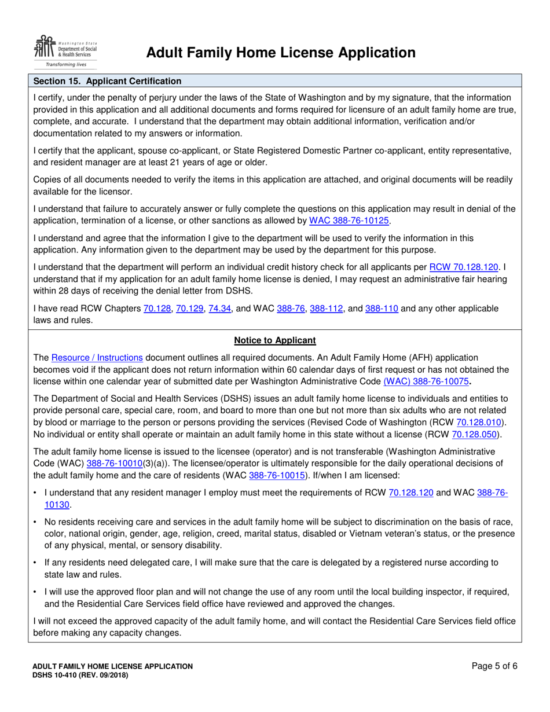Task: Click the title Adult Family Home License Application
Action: point(281,53)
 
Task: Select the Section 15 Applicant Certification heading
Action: point(107,81)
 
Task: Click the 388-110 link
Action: point(382,309)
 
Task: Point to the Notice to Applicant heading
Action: point(275,340)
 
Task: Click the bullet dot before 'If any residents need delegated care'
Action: point(36,561)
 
